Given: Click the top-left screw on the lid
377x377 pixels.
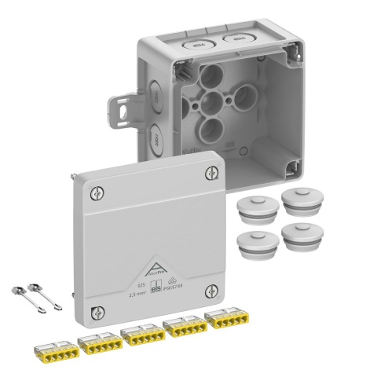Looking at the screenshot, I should tap(96, 191).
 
